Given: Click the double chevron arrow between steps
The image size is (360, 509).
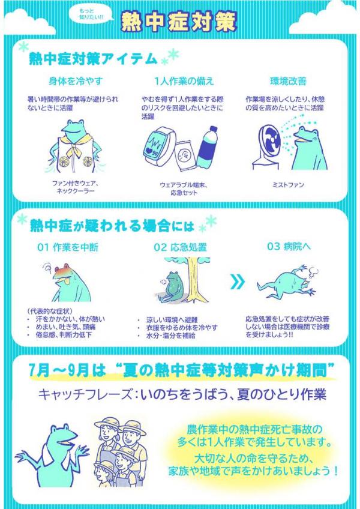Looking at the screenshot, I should coord(238,282).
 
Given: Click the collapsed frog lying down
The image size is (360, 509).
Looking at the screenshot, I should coord(290,283).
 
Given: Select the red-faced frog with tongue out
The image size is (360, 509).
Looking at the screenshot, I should coord(68,280).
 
